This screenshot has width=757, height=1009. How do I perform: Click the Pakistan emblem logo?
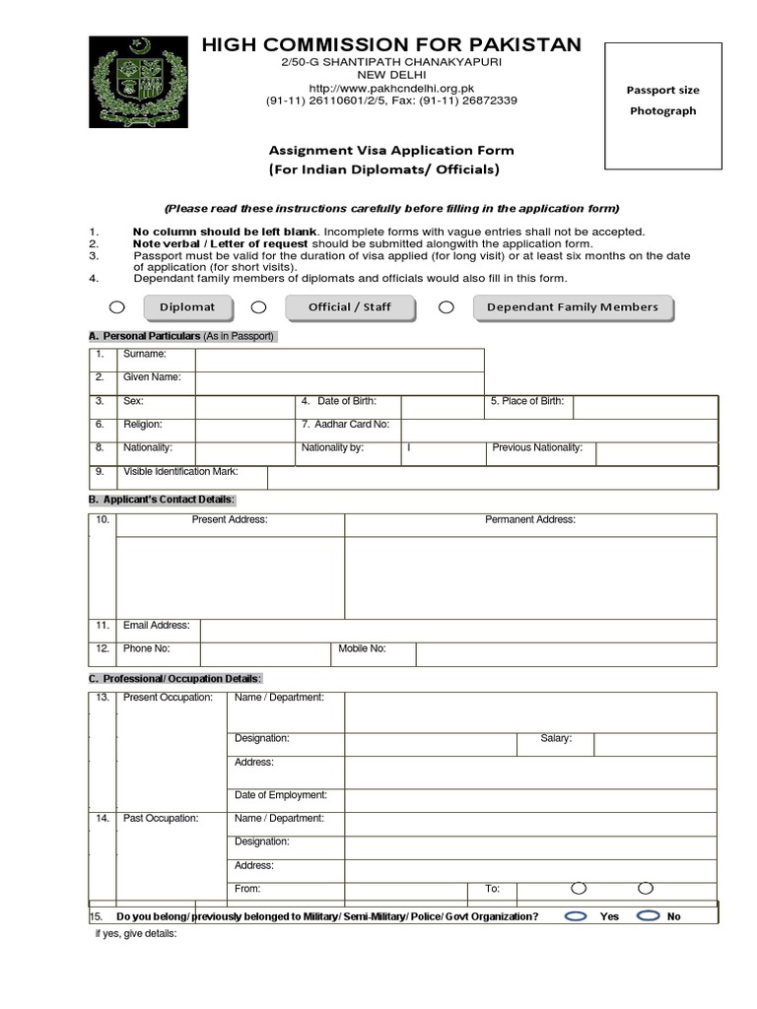tap(137, 82)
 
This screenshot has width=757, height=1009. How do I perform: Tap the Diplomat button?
tap(187, 307)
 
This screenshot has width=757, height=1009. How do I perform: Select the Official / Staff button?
tap(350, 307)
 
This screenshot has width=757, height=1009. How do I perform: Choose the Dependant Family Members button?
tap(573, 307)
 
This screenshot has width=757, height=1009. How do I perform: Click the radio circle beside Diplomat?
tap(117, 307)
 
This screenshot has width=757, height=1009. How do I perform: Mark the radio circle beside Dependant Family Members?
tap(447, 307)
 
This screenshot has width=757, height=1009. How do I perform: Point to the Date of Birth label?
tap(346, 401)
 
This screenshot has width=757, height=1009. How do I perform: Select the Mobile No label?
tap(362, 648)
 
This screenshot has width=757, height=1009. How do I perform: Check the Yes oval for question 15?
tap(576, 915)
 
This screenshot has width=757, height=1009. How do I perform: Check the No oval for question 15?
tap(648, 915)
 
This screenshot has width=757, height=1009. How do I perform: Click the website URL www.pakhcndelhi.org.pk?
tap(391, 88)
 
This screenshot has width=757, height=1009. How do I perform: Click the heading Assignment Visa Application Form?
tap(391, 151)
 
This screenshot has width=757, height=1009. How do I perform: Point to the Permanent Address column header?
tap(530, 519)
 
